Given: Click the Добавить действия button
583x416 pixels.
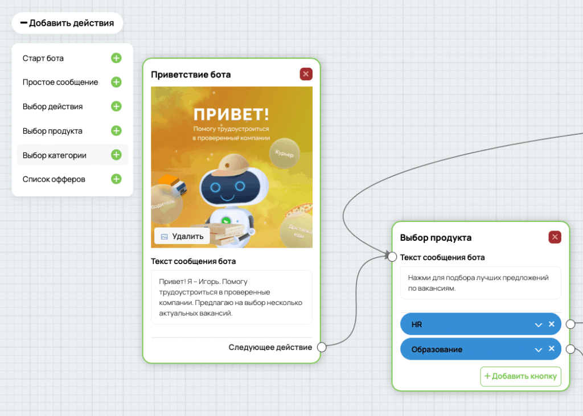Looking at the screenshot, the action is (x=67, y=23).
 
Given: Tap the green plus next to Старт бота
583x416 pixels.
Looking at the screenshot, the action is (x=116, y=58).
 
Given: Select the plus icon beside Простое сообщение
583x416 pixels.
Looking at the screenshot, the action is (x=116, y=82).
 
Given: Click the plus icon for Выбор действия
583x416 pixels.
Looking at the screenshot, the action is (x=116, y=106).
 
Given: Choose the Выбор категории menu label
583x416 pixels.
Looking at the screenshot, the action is (x=54, y=155).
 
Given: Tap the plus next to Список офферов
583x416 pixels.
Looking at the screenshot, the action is (x=116, y=179).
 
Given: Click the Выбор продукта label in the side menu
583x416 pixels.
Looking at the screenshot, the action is (x=52, y=131).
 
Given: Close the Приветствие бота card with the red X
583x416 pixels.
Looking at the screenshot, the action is (x=306, y=74).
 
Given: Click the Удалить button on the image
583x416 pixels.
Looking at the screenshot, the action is (x=182, y=236).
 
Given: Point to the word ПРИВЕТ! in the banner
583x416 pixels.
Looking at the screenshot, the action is (x=231, y=114).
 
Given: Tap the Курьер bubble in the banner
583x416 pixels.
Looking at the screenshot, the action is (x=285, y=153).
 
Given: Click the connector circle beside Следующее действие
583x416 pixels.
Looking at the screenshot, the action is (x=322, y=347).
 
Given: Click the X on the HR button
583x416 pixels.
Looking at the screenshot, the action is (x=552, y=324).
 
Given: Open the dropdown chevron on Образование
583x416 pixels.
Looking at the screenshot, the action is (x=539, y=349).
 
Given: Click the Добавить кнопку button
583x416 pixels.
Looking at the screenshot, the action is (x=520, y=376).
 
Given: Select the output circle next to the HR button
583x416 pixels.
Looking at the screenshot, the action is (x=570, y=324).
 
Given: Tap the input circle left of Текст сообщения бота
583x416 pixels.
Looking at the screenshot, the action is (x=392, y=257).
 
